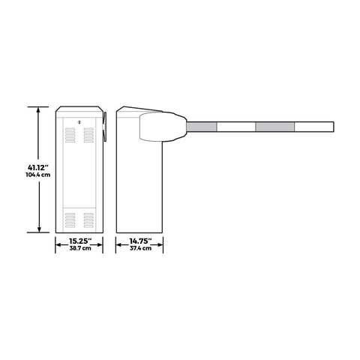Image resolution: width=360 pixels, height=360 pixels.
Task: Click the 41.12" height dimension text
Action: coord(37,166)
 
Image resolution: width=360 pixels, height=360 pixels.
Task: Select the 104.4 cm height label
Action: coord(37,175)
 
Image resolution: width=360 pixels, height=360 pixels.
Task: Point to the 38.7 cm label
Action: coord(79,248)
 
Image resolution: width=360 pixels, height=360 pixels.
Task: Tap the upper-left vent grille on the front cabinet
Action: coord(70,134)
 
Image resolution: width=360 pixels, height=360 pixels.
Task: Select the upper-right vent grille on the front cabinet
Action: coord(88,134)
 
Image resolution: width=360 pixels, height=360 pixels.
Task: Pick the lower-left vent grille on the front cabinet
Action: coord(70,220)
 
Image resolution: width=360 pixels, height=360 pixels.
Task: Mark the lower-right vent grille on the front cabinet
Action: coord(88,220)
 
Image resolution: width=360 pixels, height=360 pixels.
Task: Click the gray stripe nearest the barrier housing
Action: coord(202,128)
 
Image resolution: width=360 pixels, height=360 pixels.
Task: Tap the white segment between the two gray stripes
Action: coord(235,128)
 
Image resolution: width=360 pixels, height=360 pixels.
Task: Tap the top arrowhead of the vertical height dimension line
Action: coord(38,108)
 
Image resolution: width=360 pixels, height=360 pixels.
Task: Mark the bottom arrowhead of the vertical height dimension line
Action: coord(38,231)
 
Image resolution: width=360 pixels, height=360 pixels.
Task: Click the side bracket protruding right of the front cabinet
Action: coord(106,126)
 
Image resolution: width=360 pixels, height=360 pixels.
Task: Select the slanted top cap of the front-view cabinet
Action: coord(79,109)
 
